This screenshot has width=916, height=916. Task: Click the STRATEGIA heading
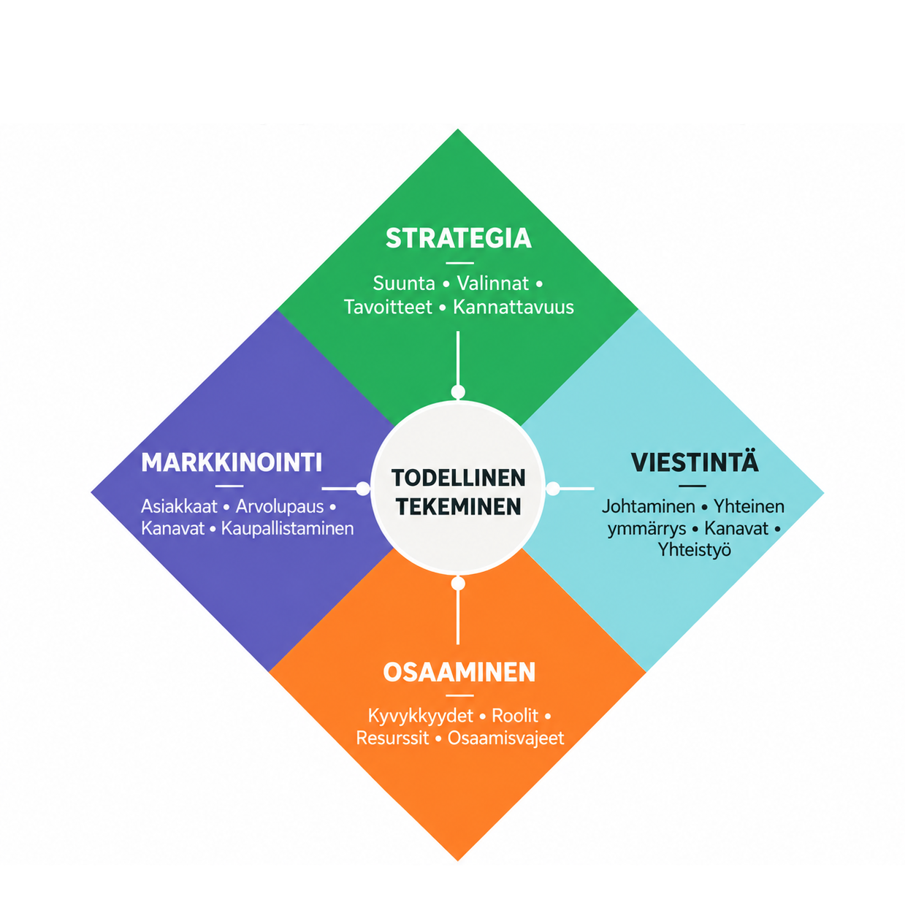click(x=458, y=238)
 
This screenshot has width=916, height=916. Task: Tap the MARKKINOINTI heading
click(x=232, y=462)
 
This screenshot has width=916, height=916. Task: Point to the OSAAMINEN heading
click(x=459, y=672)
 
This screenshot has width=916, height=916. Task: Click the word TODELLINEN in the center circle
click(x=459, y=478)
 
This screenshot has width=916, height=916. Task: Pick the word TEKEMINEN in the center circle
click(x=459, y=507)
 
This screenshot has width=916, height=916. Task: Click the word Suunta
click(x=403, y=283)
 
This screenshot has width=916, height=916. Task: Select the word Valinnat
click(x=493, y=283)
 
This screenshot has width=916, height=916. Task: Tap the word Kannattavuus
click(x=514, y=307)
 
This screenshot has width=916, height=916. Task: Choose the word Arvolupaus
click(x=280, y=507)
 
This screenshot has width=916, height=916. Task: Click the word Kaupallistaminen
click(x=288, y=529)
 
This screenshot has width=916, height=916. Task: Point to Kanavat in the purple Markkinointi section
click(x=172, y=529)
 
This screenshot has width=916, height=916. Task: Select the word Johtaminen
click(x=649, y=507)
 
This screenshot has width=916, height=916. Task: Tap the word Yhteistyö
click(x=695, y=550)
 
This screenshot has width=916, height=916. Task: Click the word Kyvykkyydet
click(x=421, y=716)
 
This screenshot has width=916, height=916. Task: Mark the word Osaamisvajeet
click(x=505, y=738)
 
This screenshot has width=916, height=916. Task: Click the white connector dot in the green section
click(x=458, y=392)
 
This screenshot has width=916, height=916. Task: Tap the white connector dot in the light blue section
click(x=553, y=488)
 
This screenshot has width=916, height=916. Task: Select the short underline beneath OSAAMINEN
click(x=460, y=695)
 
